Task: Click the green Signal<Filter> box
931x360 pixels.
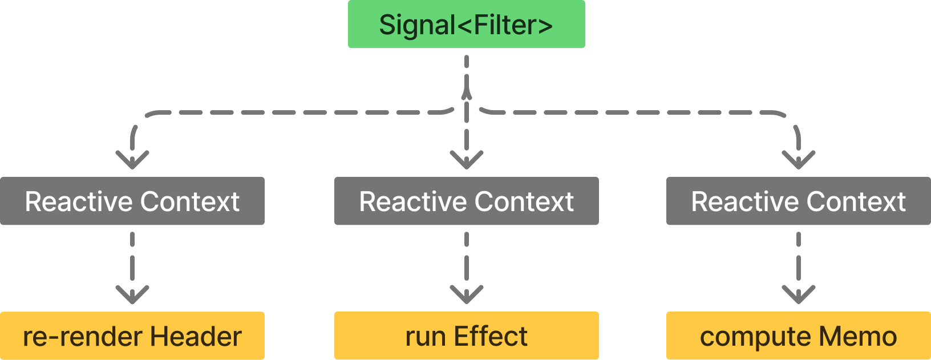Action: click(466, 25)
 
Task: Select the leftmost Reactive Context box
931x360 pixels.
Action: click(132, 201)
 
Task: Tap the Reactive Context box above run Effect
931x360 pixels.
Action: click(466, 201)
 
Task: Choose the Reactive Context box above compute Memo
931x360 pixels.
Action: click(798, 201)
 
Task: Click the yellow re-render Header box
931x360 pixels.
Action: click(132, 336)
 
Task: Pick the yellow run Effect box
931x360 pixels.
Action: click(466, 336)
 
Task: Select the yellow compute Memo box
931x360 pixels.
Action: click(798, 336)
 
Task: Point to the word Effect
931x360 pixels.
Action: click(491, 337)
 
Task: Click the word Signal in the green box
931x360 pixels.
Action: click(416, 26)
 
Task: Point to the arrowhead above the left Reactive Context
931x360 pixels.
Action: click(132, 160)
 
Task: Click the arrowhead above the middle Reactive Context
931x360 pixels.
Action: click(467, 160)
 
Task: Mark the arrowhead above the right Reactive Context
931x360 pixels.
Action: click(798, 160)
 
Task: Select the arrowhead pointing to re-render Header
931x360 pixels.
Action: click(132, 295)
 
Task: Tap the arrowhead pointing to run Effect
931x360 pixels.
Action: click(467, 295)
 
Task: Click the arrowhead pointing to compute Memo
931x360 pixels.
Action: click(798, 295)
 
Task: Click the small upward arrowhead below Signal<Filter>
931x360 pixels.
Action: click(467, 91)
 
